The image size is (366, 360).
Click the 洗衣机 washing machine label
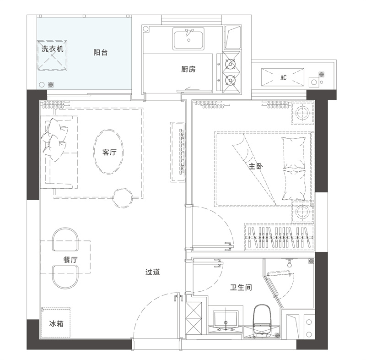click(x=52, y=49)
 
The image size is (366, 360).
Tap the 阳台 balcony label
click(x=100, y=53)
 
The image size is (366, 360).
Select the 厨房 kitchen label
click(x=188, y=69)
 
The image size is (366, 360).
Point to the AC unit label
click(x=283, y=77)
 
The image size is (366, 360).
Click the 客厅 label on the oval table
click(x=109, y=153)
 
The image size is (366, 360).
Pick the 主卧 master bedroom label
click(x=256, y=166)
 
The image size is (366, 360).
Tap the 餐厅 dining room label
click(x=70, y=260)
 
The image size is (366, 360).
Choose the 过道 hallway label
click(x=152, y=272)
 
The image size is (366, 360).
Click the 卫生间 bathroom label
click(x=241, y=287)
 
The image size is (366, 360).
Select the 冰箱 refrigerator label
click(x=56, y=323)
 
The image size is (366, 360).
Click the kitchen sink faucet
click(x=188, y=33)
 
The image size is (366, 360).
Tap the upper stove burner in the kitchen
click(x=231, y=64)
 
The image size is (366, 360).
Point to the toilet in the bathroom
click(x=262, y=320)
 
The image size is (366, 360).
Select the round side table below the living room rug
click(x=123, y=198)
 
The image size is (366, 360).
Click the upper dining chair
click(x=65, y=239)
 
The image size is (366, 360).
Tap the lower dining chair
click(x=65, y=277)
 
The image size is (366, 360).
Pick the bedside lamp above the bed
click(x=302, y=113)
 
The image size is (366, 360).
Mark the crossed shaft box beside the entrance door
click(x=194, y=319)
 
